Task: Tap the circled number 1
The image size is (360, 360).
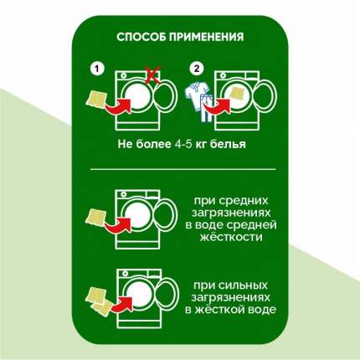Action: [x=97, y=69]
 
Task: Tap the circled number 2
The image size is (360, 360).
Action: [x=197, y=69]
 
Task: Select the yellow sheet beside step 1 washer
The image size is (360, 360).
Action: [x=96, y=100]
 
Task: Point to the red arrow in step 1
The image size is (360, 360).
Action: [x=119, y=106]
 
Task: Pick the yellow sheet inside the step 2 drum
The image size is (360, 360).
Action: [x=237, y=95]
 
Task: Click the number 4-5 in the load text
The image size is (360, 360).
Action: [x=182, y=144]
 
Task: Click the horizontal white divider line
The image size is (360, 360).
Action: [x=183, y=169]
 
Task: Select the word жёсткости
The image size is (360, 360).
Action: [x=231, y=238]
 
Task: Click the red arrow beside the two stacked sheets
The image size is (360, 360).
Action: [x=121, y=305]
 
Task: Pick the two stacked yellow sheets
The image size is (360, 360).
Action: [x=99, y=299]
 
